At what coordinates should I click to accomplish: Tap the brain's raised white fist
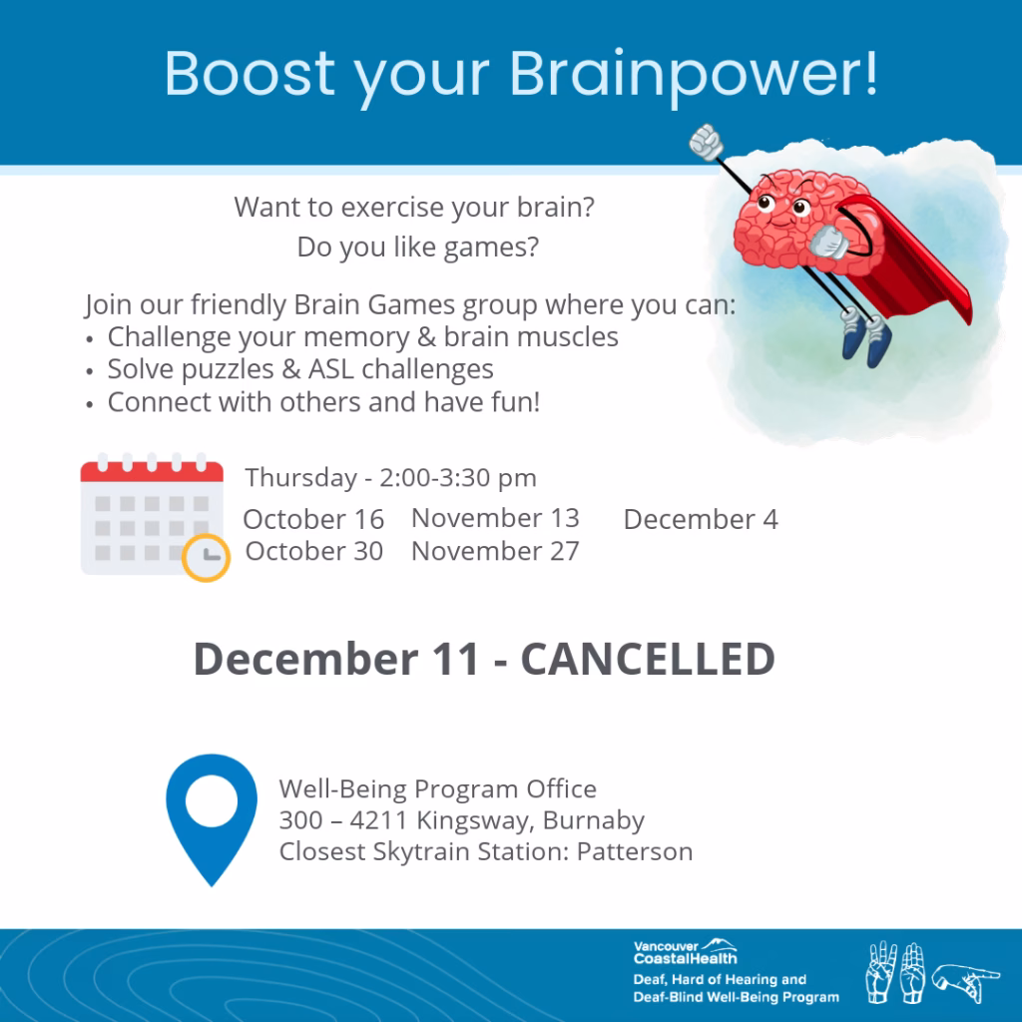coord(706,142)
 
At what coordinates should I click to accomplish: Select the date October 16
coord(313,519)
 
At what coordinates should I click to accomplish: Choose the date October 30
coord(314,551)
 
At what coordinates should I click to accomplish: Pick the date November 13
coord(495,518)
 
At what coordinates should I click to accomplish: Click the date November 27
coord(495,551)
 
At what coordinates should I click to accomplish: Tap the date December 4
coord(701,519)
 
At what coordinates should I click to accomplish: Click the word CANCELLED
coord(648,659)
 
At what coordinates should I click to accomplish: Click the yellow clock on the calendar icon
coord(206,558)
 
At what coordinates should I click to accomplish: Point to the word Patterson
coord(635,852)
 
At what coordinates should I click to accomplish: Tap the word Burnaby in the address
coord(594,821)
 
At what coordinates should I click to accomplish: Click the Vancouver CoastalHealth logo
coord(686,952)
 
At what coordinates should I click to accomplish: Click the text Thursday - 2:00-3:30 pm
coord(391,478)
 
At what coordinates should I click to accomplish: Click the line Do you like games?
coord(418,248)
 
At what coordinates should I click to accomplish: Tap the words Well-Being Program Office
coord(438,789)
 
